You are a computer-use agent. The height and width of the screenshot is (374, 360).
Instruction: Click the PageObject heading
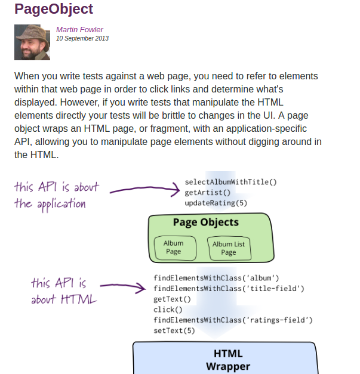tap(54, 10)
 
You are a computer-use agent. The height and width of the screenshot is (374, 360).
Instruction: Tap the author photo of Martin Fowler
tap(32, 42)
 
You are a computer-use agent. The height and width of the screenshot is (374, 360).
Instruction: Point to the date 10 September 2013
tap(82, 39)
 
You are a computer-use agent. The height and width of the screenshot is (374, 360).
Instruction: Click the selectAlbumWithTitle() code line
tap(231, 182)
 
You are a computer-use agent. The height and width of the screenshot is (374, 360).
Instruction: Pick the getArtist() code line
tap(207, 193)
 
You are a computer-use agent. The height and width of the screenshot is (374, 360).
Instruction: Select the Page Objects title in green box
tap(205, 222)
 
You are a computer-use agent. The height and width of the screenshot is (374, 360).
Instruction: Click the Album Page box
tap(173, 248)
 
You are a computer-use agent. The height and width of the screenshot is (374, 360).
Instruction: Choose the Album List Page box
tap(229, 248)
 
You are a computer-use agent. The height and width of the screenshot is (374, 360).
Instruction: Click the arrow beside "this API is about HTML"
tap(122, 288)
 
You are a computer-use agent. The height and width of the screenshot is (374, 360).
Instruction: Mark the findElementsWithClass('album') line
tap(216, 278)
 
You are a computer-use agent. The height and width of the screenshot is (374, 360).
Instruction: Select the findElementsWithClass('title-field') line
tap(229, 289)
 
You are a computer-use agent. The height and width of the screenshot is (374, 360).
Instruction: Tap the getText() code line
tap(172, 299)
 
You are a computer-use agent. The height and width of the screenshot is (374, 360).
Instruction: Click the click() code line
tap(168, 310)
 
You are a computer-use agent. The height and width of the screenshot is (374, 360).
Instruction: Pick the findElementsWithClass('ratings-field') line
tap(233, 320)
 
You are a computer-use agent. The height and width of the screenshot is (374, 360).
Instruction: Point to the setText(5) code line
tap(174, 330)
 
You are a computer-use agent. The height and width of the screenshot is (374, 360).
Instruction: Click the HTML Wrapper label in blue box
tap(227, 360)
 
